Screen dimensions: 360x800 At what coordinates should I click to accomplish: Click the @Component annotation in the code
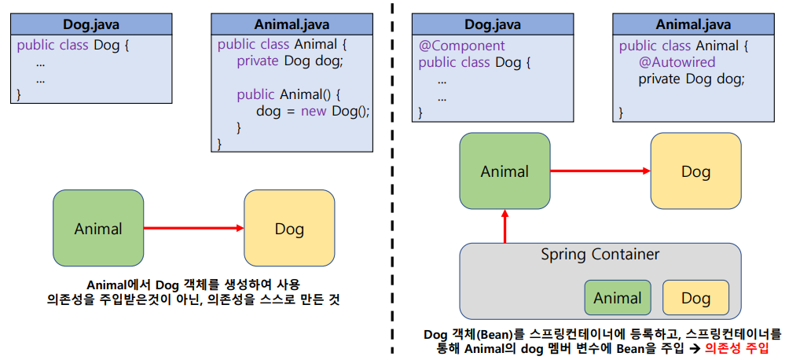click(461, 46)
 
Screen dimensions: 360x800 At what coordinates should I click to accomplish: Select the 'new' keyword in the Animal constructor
click(314, 112)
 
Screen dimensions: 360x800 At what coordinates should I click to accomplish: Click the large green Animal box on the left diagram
click(98, 229)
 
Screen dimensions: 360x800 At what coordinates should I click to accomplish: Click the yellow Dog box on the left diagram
click(289, 229)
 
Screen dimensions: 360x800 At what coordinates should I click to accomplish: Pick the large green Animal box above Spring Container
click(505, 171)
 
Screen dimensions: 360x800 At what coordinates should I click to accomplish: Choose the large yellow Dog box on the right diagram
click(695, 171)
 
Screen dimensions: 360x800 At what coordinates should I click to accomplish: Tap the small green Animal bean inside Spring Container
click(617, 298)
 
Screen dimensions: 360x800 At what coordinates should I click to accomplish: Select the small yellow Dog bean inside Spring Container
click(695, 298)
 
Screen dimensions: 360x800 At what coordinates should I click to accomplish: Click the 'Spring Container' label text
click(600, 255)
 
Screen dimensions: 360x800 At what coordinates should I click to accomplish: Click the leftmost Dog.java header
click(92, 24)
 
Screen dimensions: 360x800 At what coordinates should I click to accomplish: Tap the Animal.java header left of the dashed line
click(292, 24)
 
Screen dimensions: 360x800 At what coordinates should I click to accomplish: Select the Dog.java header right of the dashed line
click(493, 24)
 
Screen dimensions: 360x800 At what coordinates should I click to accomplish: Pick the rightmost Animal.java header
click(693, 24)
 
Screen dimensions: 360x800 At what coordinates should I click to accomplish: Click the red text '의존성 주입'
click(737, 347)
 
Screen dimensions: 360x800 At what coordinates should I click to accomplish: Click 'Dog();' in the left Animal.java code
click(350, 112)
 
